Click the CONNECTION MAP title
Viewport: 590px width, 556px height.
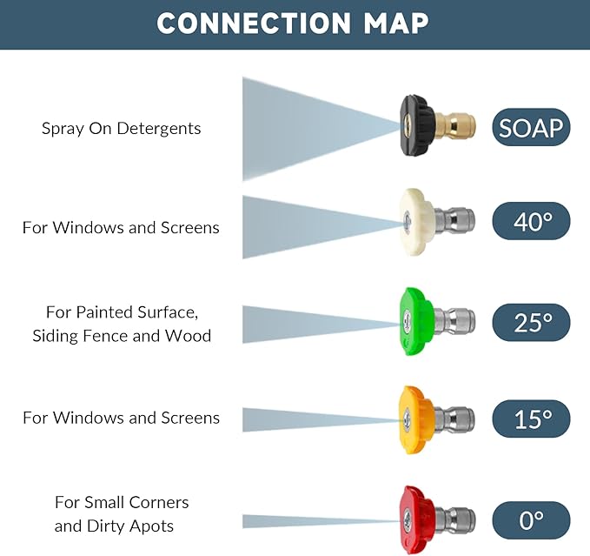(x=293, y=23)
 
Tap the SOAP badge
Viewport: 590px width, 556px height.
(x=531, y=129)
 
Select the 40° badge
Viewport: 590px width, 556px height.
(x=531, y=222)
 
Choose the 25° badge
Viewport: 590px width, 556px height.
(x=531, y=323)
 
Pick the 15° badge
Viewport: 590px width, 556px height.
(x=531, y=419)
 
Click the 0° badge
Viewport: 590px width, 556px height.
(x=531, y=520)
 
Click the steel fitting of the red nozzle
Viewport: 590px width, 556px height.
(x=454, y=520)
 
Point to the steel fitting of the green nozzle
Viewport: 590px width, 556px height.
(x=454, y=323)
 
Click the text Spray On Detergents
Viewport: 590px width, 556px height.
(x=121, y=129)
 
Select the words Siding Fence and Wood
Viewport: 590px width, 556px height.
(x=122, y=336)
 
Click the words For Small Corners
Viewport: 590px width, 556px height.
(x=122, y=503)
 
